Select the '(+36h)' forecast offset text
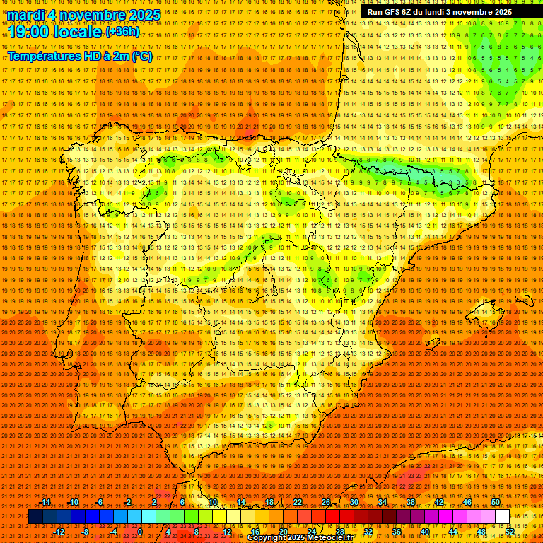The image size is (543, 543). point(122,32)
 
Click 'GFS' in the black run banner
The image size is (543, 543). point(394,12)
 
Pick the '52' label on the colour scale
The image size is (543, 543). point(510,532)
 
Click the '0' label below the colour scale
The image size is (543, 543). point(140,532)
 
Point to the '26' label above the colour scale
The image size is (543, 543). point(326,502)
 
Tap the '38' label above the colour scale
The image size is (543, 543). point(410,502)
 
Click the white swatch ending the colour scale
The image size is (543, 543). point(502,517)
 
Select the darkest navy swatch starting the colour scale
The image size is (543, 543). point(35,517)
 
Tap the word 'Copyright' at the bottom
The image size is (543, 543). point(266,538)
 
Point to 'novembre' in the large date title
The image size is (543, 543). point(88,15)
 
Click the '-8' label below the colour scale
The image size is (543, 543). point(86,532)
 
